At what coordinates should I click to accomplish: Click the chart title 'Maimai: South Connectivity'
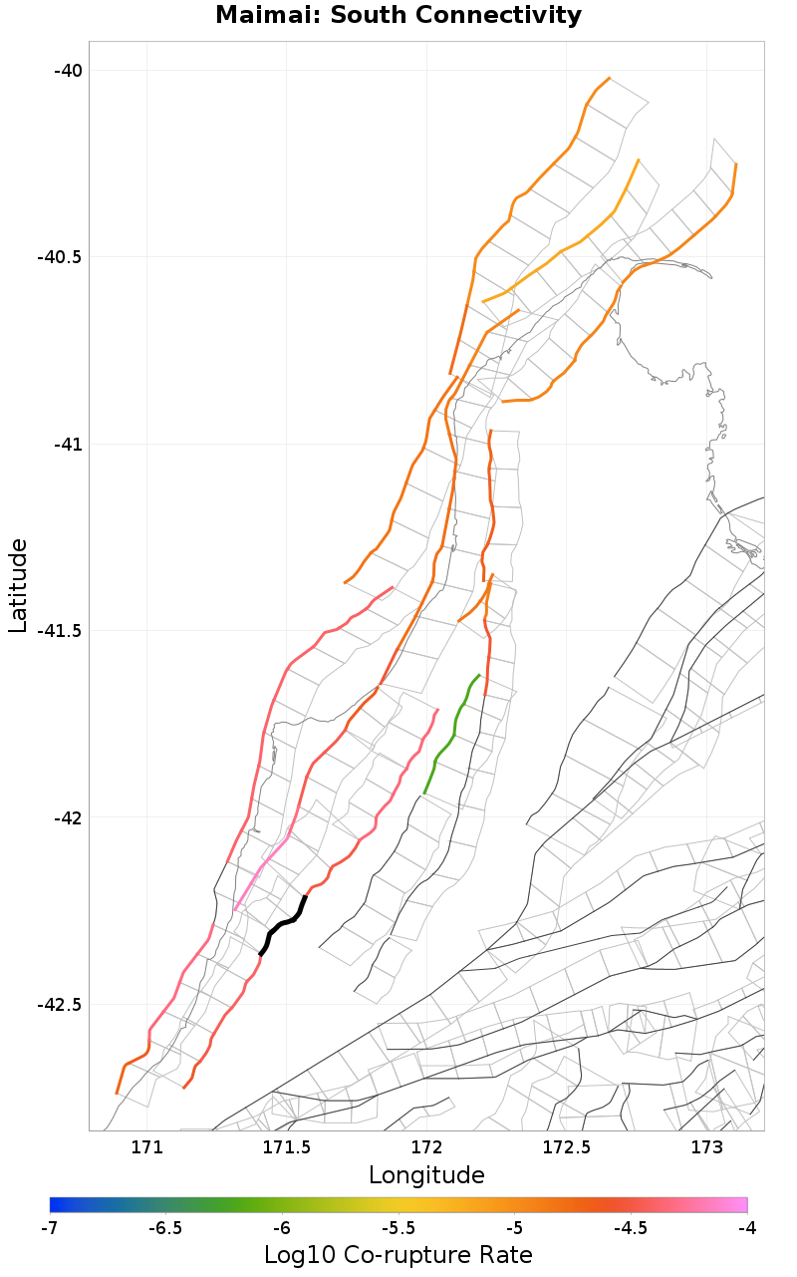pos(398,15)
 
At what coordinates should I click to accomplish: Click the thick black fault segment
pos(284,923)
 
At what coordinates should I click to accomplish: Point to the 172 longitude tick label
pos(426,1146)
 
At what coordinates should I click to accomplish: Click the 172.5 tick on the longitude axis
pos(566,1146)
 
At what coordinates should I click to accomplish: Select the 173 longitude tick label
pos(706,1146)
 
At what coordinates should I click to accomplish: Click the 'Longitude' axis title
pos(426,1175)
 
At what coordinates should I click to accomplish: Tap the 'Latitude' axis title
pos(18,585)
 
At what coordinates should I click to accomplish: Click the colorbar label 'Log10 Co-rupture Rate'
pos(398,1254)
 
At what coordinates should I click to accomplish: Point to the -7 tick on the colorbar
pos(49,1228)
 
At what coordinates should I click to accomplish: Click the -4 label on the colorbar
pos(747,1228)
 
